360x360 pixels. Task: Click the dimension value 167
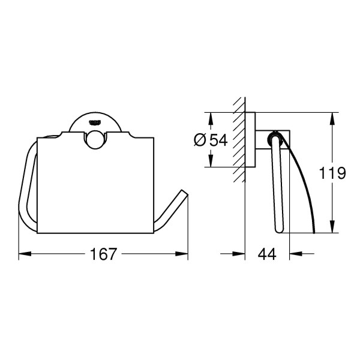pos(104,254)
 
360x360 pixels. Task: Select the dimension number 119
pos(333,173)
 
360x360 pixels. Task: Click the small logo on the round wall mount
pos(95,122)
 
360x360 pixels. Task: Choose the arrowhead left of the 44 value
pos(241,254)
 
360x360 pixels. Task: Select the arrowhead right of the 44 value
pos(294,254)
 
